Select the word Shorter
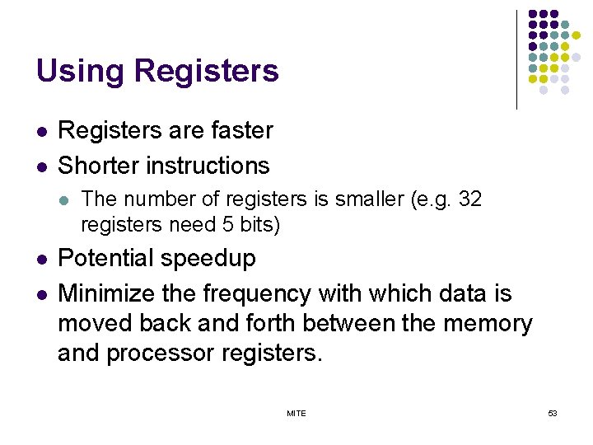pos(99,166)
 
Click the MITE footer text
pos(296,413)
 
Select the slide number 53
pos(552,413)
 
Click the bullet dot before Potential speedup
pos(40,260)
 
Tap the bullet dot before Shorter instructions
pos(40,166)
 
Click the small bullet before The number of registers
pos(64,199)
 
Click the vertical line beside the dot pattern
pos(516,59)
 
